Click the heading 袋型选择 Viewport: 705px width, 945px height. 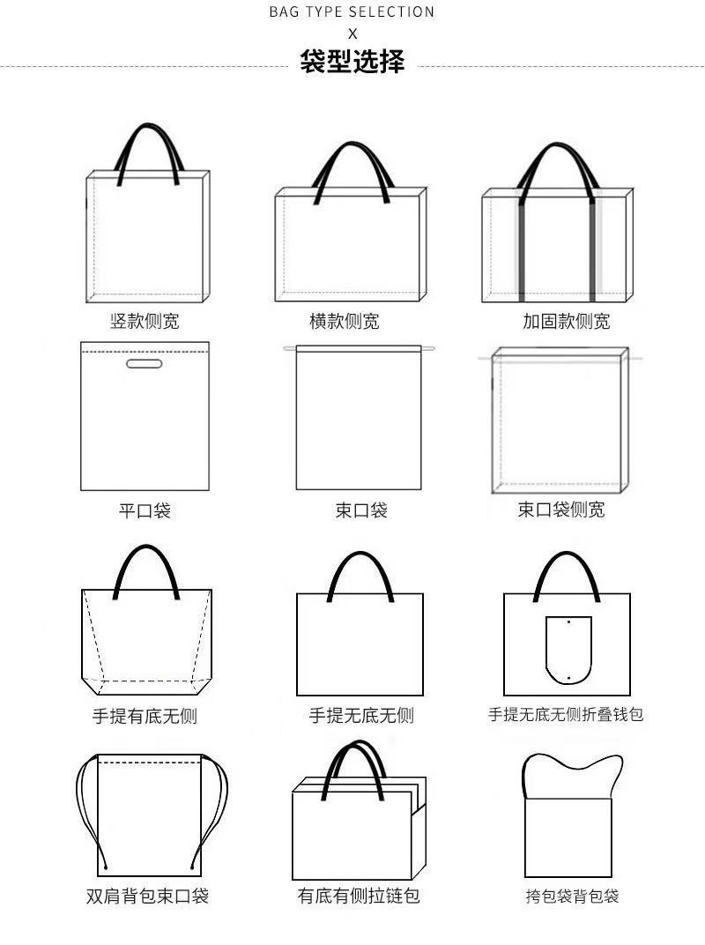[x=352, y=63]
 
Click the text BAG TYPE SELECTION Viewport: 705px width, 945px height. [x=352, y=12]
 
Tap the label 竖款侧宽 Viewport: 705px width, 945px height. [x=145, y=321]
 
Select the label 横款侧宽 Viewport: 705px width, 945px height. [x=344, y=321]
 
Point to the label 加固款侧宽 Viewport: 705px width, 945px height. [x=566, y=321]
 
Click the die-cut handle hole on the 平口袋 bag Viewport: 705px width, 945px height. [x=145, y=364]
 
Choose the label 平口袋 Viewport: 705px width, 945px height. [x=145, y=510]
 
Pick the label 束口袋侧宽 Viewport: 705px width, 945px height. [x=560, y=510]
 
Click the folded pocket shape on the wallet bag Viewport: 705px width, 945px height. [x=568, y=651]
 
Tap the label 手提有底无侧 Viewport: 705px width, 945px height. [x=145, y=716]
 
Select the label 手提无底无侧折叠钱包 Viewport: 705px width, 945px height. [x=566, y=714]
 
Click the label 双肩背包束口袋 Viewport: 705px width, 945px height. [x=147, y=897]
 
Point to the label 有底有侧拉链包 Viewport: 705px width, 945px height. [x=359, y=897]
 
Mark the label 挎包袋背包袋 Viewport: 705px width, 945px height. [x=572, y=897]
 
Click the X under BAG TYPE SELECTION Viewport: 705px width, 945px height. [x=352, y=34]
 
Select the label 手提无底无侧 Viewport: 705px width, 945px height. [x=360, y=716]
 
